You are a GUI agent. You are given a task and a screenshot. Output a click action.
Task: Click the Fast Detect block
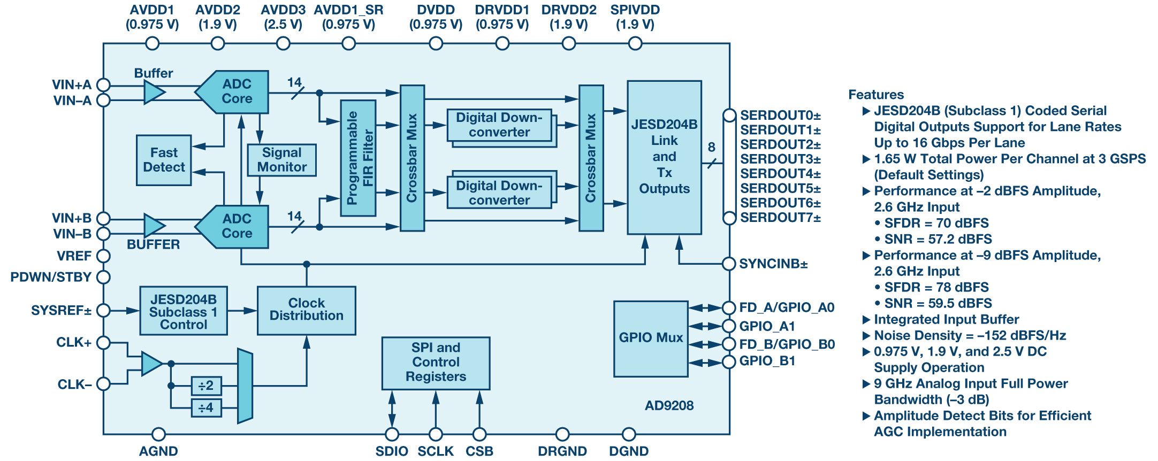pos(164,160)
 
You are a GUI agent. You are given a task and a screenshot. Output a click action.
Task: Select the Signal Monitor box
pos(281,160)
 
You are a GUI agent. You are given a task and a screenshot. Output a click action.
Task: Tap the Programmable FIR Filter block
pos(358,158)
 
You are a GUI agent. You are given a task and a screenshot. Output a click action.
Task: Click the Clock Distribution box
pos(306,310)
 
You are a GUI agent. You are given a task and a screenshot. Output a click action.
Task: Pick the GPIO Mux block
pos(651,339)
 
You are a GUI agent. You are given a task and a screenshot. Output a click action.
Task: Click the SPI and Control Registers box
pos(436,363)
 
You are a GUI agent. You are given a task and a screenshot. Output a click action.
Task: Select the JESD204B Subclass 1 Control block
pos(184,311)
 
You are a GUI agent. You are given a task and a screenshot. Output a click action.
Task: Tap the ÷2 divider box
pos(206,386)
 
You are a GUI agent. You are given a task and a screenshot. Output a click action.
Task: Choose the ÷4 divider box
pos(206,408)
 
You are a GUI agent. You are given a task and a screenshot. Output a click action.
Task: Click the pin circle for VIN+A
pos(103,84)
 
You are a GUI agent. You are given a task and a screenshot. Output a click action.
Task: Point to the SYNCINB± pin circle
pos(729,264)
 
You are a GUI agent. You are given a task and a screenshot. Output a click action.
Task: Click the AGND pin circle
pos(158,434)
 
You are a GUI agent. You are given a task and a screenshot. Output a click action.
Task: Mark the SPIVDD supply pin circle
pos(635,43)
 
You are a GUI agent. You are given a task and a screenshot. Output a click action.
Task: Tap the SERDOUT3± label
pos(780,159)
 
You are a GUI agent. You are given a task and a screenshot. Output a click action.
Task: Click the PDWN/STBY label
pos(51,277)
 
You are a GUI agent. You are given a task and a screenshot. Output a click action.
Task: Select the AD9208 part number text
pos(669,405)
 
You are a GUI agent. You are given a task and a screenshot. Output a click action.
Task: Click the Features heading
pos(876,95)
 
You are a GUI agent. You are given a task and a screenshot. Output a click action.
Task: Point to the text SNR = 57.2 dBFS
pos(938,239)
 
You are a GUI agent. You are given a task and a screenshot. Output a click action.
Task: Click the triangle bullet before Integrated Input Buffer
pos(866,320)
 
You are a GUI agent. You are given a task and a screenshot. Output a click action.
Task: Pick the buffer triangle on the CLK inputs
pos(151,364)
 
